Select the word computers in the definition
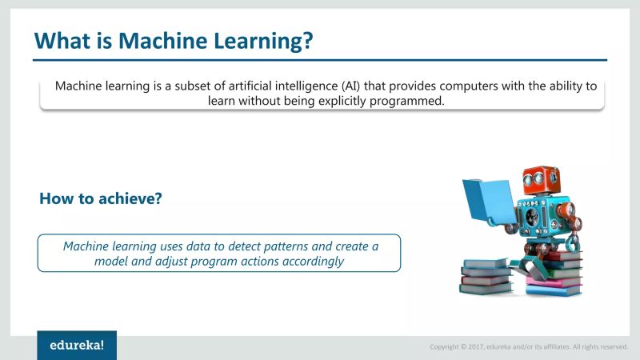coord(452,86)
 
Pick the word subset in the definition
coord(191,86)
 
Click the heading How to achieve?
coord(101,198)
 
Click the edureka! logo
coord(77,346)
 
